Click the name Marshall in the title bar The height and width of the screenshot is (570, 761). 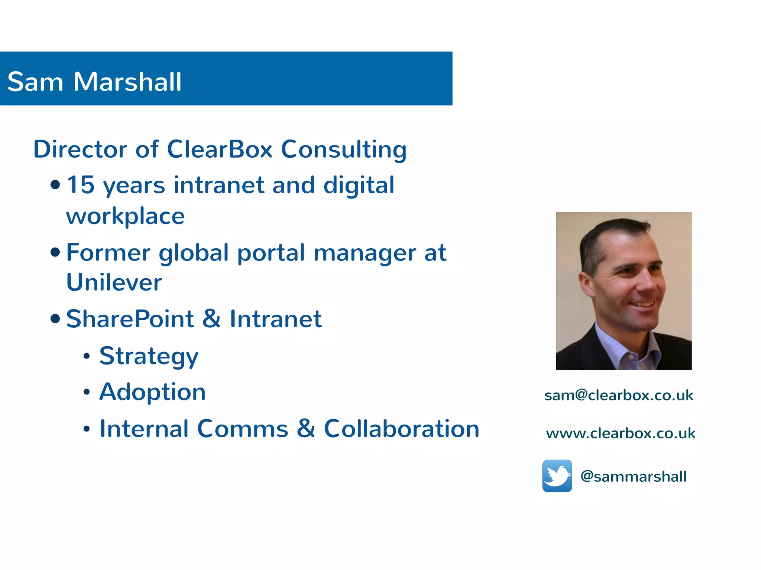tap(127, 82)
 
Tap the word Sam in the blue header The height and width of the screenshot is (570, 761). tap(35, 82)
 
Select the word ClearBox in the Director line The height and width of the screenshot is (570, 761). tap(220, 149)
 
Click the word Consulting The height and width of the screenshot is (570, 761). tap(344, 150)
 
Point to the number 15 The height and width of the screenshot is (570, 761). tap(81, 185)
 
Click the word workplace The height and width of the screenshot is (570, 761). tap(125, 216)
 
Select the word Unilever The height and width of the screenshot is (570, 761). tap(114, 282)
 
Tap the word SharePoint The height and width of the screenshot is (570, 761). tap(130, 319)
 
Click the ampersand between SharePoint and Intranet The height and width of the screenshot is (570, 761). tap(211, 319)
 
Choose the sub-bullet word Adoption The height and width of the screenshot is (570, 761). tap(152, 392)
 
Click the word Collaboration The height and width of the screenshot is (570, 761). tap(401, 429)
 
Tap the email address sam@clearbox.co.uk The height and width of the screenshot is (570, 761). tap(619, 395)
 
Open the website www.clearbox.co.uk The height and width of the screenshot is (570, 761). tap(621, 433)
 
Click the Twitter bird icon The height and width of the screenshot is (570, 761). tap(557, 476)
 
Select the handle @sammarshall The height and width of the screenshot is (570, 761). tap(633, 476)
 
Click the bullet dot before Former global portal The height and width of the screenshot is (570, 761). tap(55, 252)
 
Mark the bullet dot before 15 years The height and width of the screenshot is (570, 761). tap(55, 184)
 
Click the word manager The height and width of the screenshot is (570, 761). tap(365, 253)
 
